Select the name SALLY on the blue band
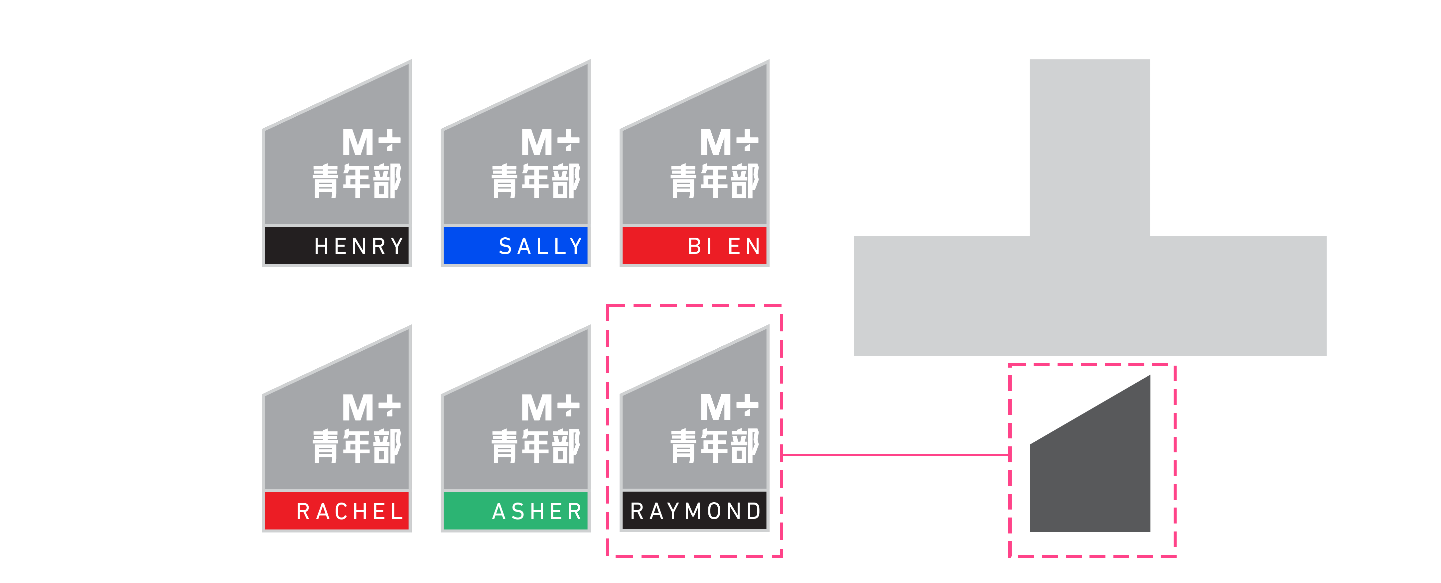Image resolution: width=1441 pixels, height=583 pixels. (540, 246)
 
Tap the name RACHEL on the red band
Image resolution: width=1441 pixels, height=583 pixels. (350, 512)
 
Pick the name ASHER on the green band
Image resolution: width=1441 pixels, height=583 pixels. (537, 512)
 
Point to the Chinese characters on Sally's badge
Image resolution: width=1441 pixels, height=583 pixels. (536, 180)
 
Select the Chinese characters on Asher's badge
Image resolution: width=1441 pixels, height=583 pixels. (536, 446)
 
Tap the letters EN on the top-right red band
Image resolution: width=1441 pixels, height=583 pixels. (744, 246)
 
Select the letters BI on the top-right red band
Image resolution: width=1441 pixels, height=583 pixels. (700, 246)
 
